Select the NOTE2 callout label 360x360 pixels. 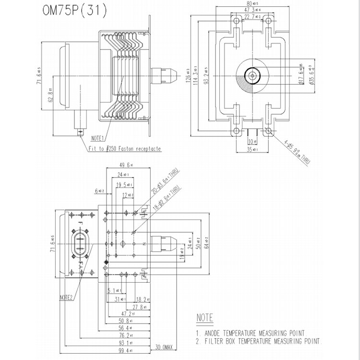pyautogui.click(x=66, y=297)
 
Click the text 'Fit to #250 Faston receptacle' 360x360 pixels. pyautogui.click(x=124, y=149)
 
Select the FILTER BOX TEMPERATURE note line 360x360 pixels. pyautogui.click(x=258, y=342)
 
